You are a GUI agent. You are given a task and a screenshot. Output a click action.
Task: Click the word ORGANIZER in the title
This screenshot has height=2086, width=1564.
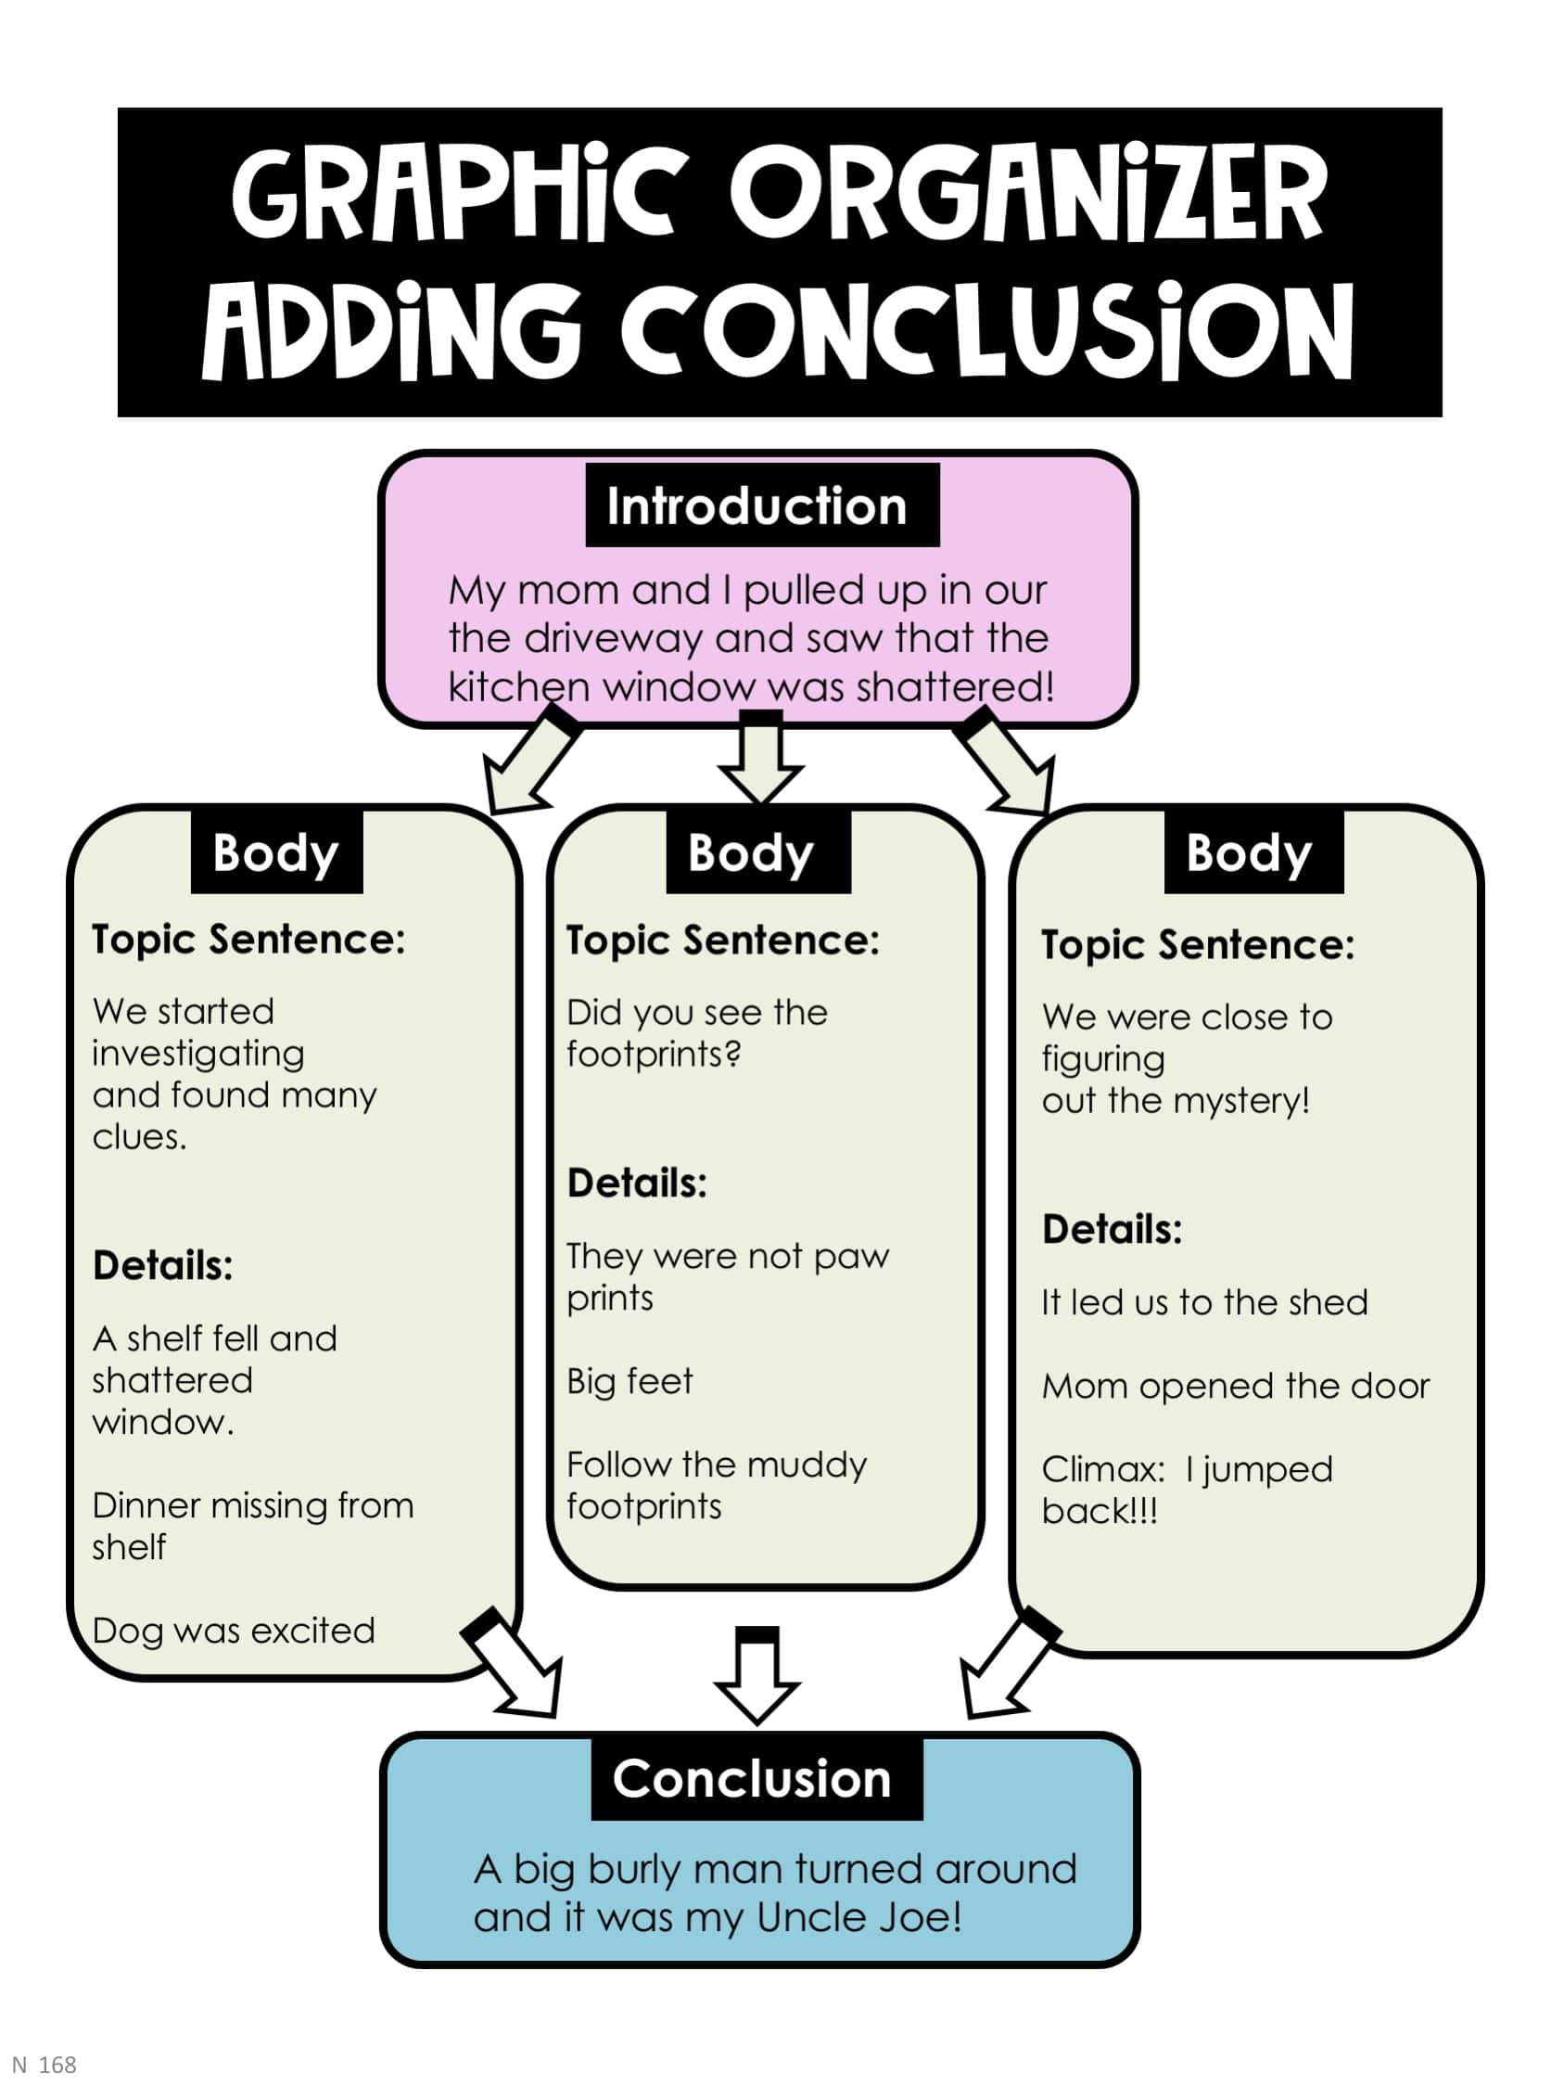tap(1027, 193)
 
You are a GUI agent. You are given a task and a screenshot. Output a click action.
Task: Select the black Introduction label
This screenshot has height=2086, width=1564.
tap(762, 506)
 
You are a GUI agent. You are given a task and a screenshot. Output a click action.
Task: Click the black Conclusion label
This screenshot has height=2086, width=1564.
tap(757, 1779)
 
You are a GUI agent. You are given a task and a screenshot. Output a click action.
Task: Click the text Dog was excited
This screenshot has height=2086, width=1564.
tap(233, 1631)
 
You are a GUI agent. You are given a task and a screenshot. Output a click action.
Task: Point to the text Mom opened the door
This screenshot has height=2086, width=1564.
tap(1235, 1387)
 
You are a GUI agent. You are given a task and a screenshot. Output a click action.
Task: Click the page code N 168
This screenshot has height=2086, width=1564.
tap(45, 2065)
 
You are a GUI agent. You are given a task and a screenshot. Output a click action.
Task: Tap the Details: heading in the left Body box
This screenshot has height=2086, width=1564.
tap(162, 1265)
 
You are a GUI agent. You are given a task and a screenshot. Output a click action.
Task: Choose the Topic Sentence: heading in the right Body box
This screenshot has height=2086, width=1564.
tap(1197, 944)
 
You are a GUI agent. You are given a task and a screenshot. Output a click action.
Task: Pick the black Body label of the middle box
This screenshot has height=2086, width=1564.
tap(757, 852)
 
